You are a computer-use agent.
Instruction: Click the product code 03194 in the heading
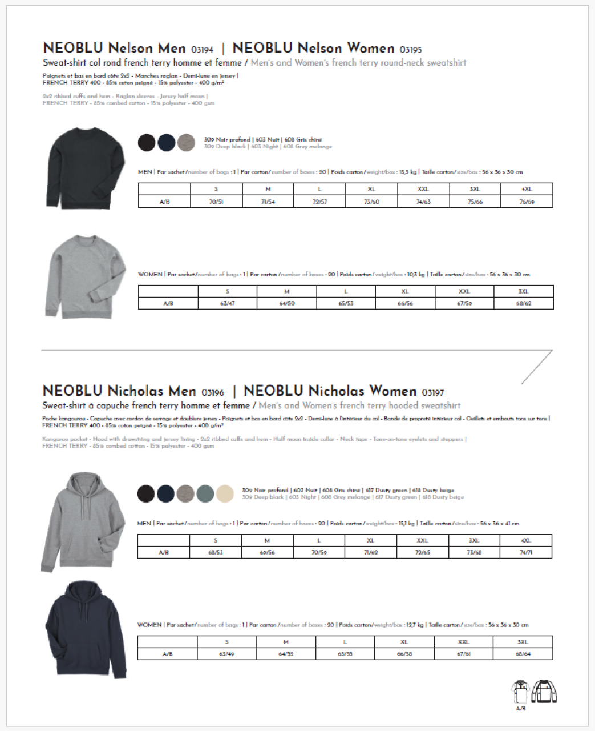(202, 50)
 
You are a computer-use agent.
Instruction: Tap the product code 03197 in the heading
(432, 393)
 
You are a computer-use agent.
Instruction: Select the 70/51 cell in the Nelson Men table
(216, 202)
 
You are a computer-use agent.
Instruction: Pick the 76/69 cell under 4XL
(527, 202)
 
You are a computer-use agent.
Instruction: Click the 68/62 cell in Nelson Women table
(523, 303)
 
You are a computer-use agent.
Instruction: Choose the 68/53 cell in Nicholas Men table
(216, 552)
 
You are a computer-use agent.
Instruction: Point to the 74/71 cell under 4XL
(525, 552)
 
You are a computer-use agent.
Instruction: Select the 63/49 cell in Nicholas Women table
(226, 654)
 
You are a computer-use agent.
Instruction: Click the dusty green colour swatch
(205, 493)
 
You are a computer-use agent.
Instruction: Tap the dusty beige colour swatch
(225, 493)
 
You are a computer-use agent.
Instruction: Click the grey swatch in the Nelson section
(186, 142)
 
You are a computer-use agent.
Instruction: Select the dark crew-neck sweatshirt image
(86, 168)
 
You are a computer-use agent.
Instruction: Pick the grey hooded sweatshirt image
(83, 521)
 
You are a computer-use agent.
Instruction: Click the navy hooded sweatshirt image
(86, 629)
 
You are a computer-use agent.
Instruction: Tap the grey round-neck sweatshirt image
(86, 276)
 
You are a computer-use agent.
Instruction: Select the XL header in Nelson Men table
(371, 189)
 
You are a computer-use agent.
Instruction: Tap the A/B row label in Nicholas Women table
(167, 654)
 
